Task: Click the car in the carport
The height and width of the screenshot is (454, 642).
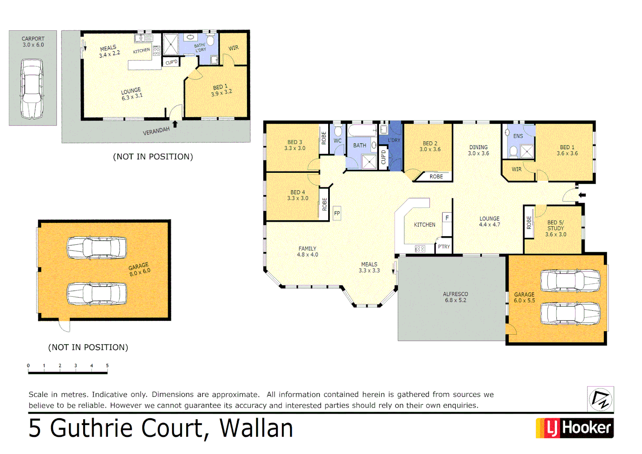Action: [x=32, y=89]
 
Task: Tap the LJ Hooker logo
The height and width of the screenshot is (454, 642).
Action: [x=574, y=428]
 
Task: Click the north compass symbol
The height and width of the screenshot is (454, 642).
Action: [x=600, y=399]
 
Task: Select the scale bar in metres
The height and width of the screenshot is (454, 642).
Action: [x=68, y=372]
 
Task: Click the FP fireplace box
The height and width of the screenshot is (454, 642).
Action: [x=337, y=213]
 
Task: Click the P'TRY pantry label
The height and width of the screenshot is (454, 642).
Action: [x=444, y=247]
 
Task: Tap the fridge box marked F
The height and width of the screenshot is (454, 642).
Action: [x=447, y=218]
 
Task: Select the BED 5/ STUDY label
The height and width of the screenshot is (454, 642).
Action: [x=556, y=228]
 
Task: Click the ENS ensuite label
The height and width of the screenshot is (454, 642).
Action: [x=518, y=136]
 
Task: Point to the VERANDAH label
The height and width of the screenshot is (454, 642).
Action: [x=156, y=131]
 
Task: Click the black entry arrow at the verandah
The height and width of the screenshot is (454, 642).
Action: [x=175, y=124]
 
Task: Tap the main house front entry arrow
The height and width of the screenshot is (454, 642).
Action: [x=582, y=195]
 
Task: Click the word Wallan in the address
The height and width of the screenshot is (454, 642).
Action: [x=256, y=428]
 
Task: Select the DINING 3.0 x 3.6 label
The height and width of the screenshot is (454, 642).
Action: [x=479, y=150]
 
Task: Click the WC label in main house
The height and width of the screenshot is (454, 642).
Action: [x=338, y=141]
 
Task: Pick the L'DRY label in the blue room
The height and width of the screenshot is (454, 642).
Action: [x=394, y=140]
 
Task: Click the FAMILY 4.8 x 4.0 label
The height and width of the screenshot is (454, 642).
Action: [x=308, y=251]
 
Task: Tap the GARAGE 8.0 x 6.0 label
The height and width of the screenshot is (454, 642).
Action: [x=139, y=269]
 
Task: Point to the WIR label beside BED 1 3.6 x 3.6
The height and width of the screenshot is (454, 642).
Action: [x=516, y=169]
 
